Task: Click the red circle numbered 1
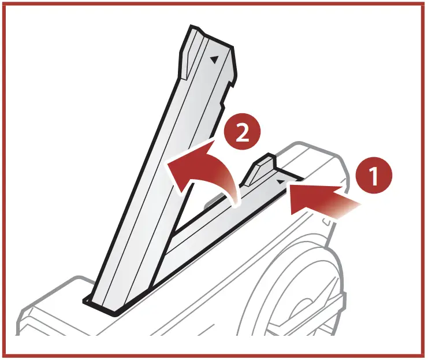tap(374, 175)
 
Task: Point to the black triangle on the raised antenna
tap(215, 58)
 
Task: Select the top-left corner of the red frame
tap(5, 5)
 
